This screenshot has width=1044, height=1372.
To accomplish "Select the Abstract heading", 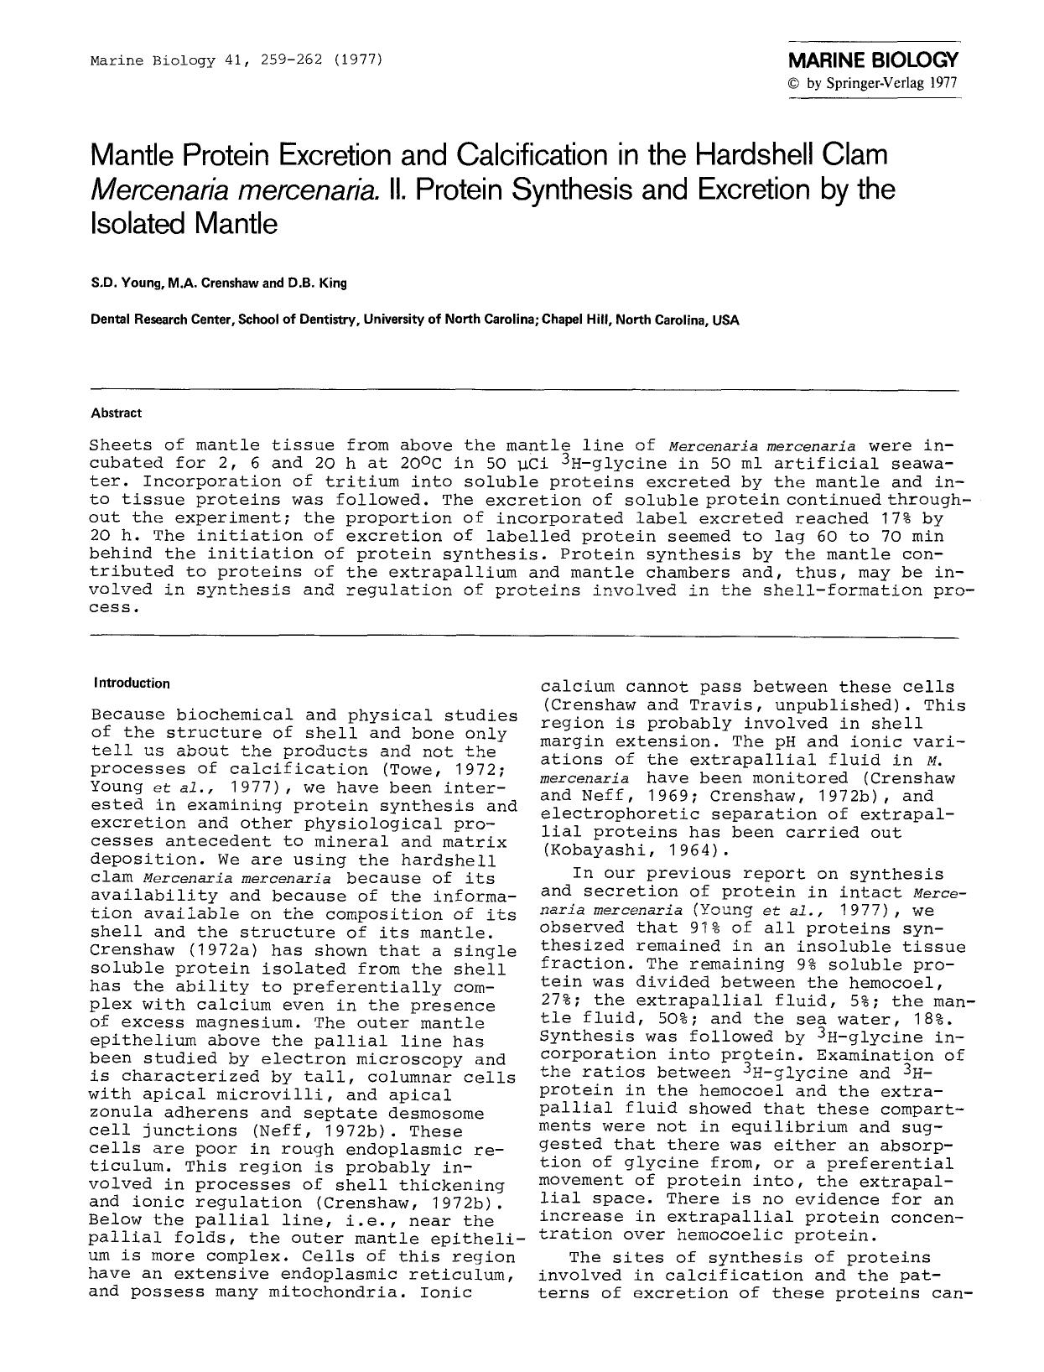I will click(117, 413).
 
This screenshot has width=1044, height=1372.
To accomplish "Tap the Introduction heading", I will click(132, 683).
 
